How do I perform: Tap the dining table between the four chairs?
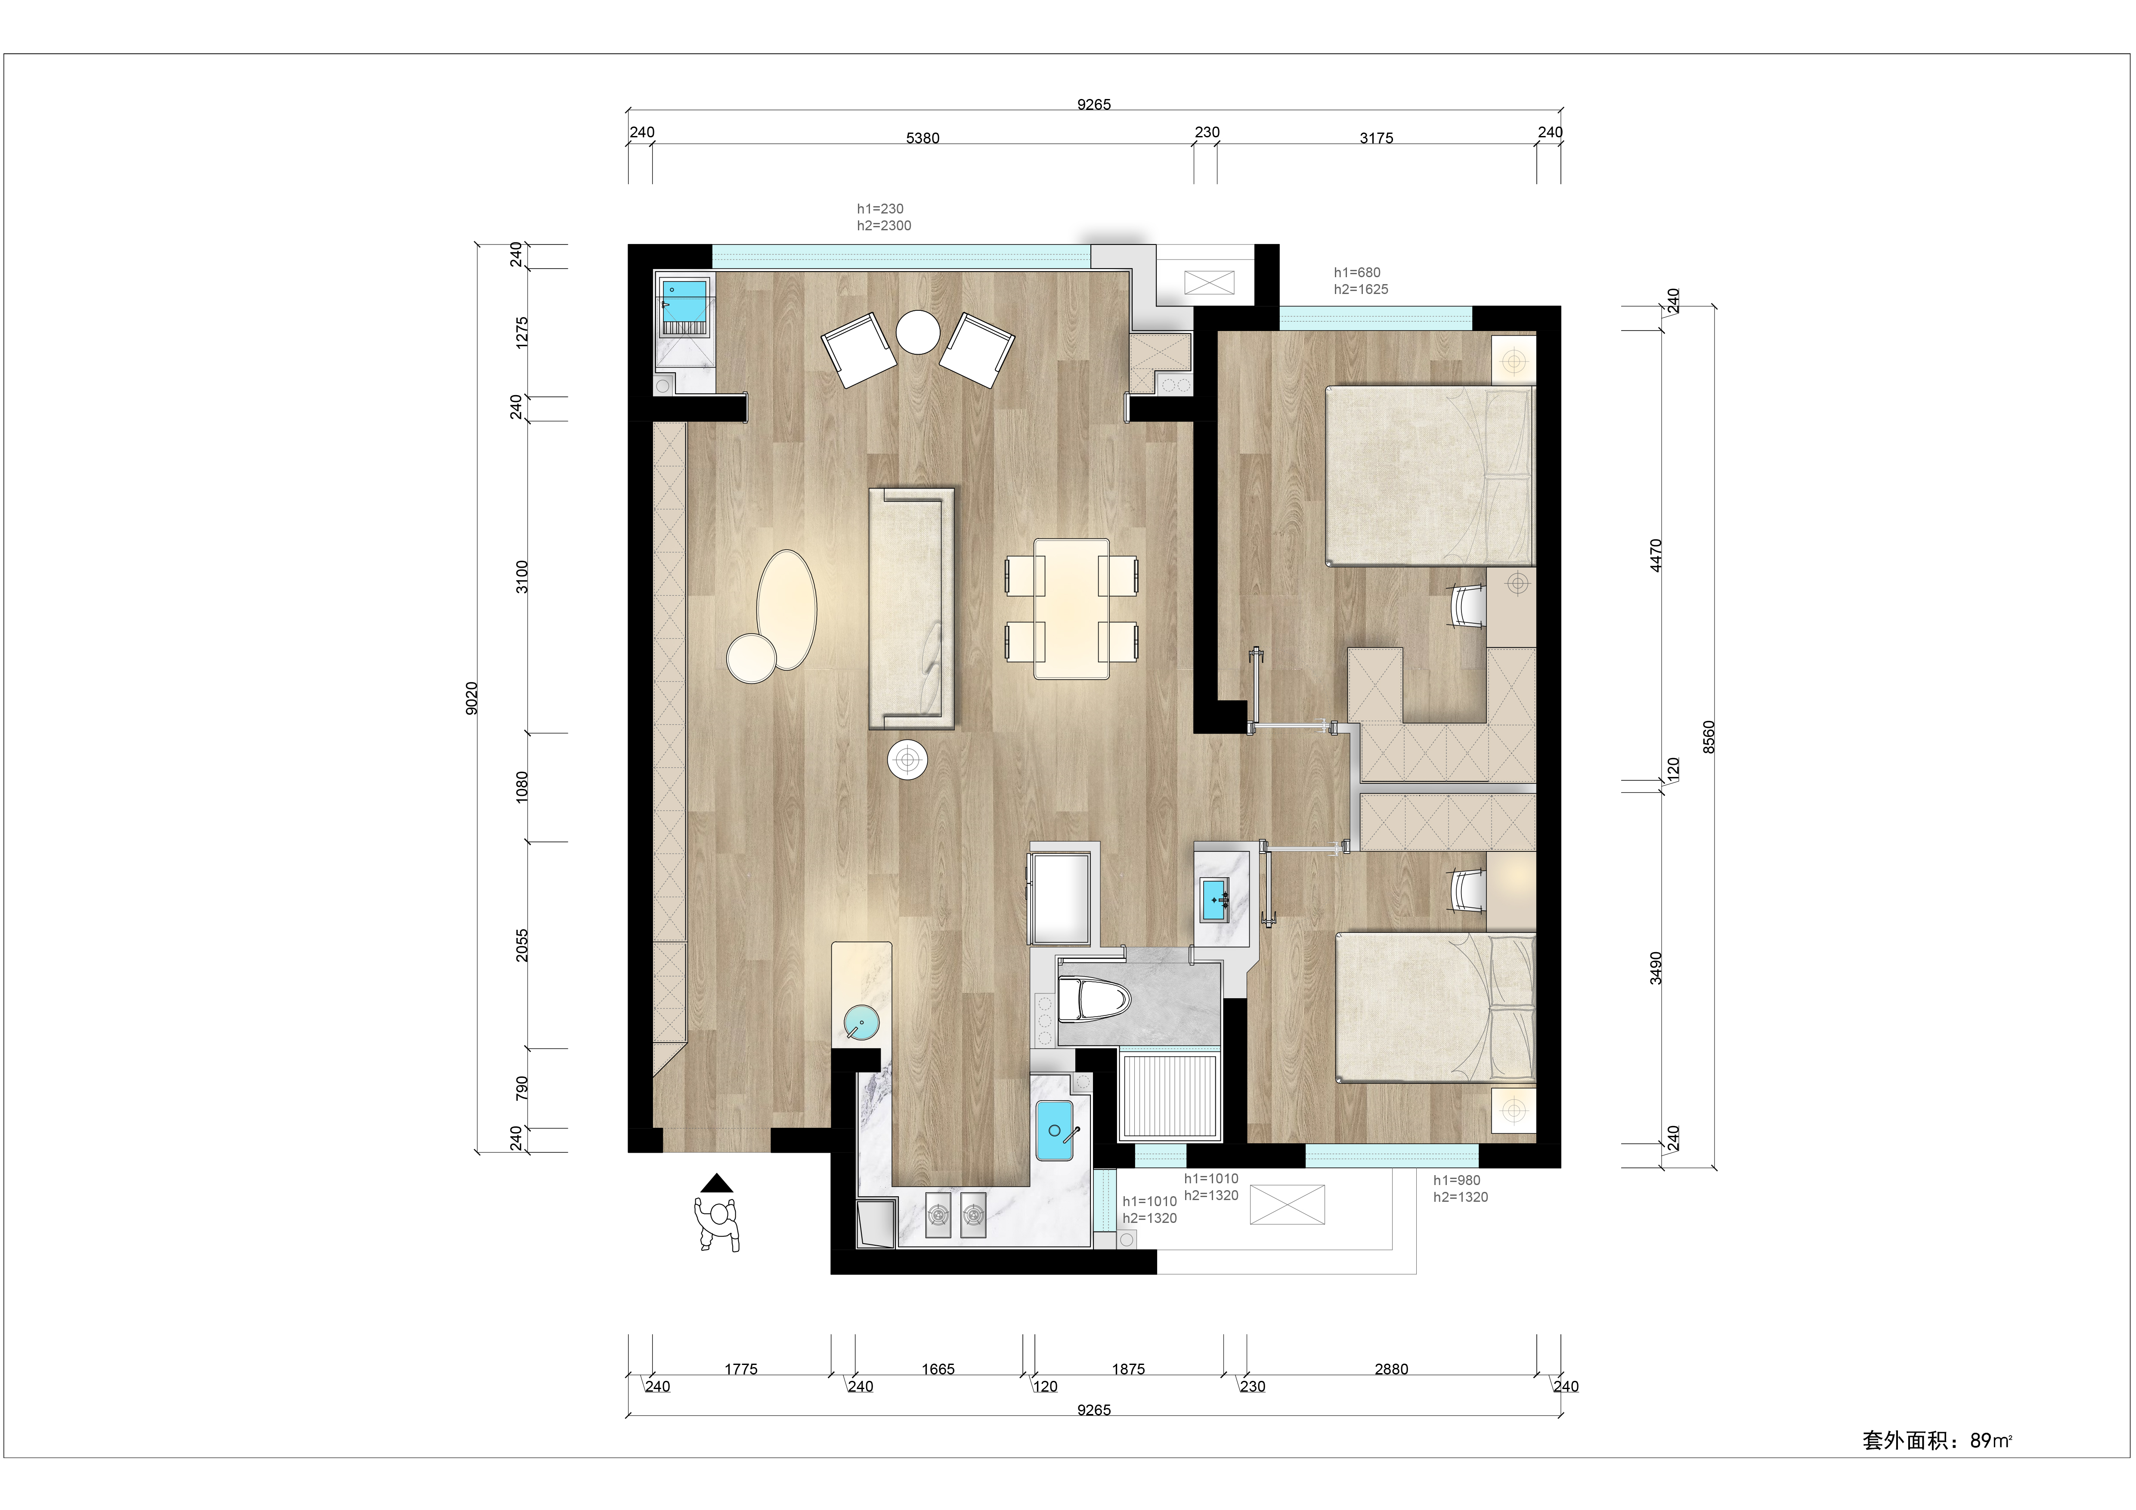pyautogui.click(x=1071, y=609)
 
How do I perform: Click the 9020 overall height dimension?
pyautogui.click(x=472, y=698)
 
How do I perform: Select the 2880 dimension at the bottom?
pyautogui.click(x=1391, y=1368)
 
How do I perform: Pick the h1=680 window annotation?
pyautogui.click(x=1357, y=272)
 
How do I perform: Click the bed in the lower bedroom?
pyautogui.click(x=1436, y=1008)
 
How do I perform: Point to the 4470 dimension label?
pyautogui.click(x=1655, y=555)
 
